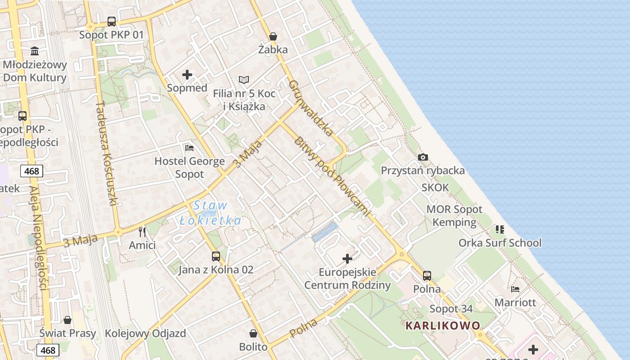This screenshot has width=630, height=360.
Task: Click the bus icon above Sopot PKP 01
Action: coord(112,22)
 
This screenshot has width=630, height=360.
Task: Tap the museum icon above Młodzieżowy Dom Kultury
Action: coord(35,51)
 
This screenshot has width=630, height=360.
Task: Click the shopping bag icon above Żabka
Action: coord(273,36)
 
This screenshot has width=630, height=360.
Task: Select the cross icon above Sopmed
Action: coord(187,75)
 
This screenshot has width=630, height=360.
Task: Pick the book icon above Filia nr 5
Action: coord(244,80)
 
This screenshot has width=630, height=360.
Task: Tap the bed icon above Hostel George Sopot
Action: coord(189,148)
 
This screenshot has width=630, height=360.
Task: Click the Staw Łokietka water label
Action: coord(211,213)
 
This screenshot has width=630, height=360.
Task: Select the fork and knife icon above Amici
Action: coord(142,232)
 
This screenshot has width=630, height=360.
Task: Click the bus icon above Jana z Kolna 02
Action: coord(216,256)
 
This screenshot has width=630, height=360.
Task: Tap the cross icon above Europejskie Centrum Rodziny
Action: coord(347,259)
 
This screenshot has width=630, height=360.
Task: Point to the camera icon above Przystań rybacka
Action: coord(423,157)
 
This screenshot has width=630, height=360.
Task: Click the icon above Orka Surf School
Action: coord(500,229)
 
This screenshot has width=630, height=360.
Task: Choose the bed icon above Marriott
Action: coord(515,289)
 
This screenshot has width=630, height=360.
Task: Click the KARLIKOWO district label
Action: coord(443,325)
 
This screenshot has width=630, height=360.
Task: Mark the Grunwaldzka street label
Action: coord(311,108)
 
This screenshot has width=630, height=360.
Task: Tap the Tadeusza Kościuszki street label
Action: coord(107,153)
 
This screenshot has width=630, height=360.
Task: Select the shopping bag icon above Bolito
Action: coord(253,333)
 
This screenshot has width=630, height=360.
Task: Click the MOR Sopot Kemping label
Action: coord(454,216)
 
